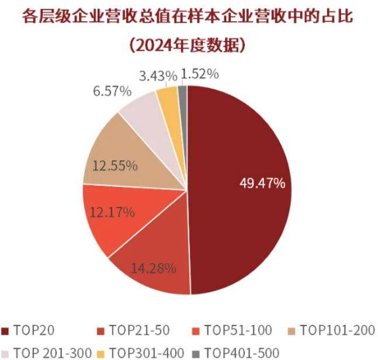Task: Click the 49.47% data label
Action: pos(262,183)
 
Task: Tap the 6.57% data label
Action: pos(112,92)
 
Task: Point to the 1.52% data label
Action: pos(200,74)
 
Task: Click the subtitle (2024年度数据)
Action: pos(188,44)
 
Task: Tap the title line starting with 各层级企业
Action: pos(188,17)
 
